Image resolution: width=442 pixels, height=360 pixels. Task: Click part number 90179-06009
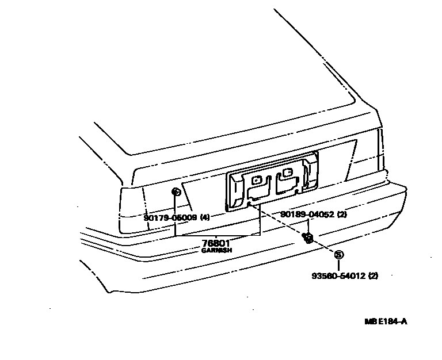[x=170, y=218]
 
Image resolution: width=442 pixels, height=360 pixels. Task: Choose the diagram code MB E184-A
[x=385, y=321]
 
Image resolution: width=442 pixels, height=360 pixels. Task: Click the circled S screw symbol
[x=338, y=255]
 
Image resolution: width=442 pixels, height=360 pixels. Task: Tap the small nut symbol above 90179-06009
[x=176, y=192]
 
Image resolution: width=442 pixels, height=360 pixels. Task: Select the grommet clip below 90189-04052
[x=308, y=237]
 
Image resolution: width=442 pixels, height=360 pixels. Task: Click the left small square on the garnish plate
[x=257, y=180]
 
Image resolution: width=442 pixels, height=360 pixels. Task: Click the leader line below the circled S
[x=338, y=265]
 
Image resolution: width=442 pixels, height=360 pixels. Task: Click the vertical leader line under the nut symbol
[x=176, y=205]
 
